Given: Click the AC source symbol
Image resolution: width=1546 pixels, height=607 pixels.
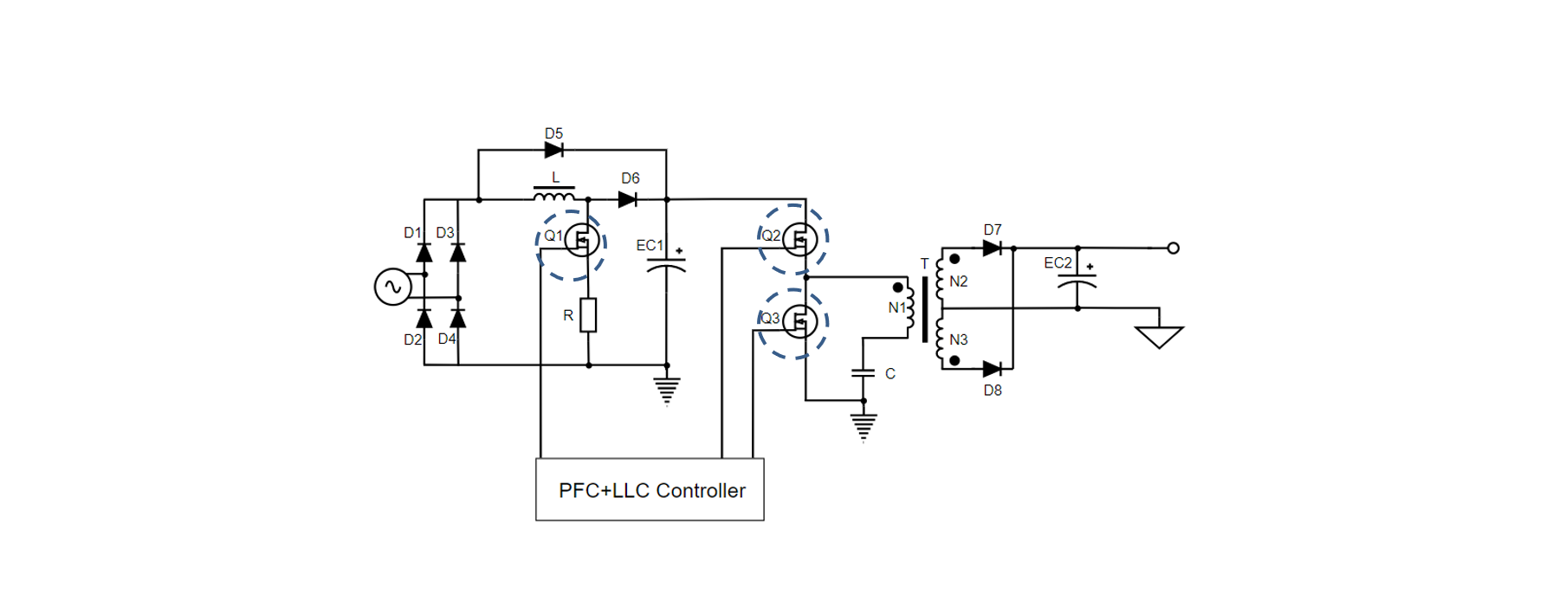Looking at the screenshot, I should [x=392, y=287].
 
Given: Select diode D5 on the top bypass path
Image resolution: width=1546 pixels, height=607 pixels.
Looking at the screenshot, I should [x=554, y=150].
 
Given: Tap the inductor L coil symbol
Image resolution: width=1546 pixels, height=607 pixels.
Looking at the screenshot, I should [x=554, y=196].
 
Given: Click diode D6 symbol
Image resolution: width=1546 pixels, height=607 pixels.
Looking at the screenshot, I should [x=628, y=200].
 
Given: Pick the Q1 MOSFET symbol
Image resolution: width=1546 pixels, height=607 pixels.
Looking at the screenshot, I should [x=581, y=240].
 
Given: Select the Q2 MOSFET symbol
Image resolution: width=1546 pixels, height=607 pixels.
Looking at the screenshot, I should [x=799, y=238].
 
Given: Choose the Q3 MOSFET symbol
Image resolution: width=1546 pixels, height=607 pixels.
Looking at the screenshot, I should [x=799, y=322].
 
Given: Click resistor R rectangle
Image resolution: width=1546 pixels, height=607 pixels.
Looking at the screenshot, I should [x=588, y=315].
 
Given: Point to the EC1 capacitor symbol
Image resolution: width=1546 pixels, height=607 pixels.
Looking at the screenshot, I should [x=666, y=265].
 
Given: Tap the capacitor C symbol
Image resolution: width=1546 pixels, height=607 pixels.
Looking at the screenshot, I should [x=863, y=373].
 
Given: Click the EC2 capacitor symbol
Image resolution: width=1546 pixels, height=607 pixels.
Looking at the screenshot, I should [x=1077, y=281].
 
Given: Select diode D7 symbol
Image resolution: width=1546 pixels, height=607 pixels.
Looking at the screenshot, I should [x=993, y=249].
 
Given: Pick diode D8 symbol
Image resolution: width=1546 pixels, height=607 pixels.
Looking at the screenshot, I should [x=993, y=370].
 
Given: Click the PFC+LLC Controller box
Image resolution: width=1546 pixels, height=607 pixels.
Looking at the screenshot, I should [x=650, y=489].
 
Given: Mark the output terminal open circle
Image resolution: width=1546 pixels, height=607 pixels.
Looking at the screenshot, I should [x=1173, y=249].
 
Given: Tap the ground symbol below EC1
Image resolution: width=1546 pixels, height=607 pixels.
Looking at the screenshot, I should [x=666, y=391].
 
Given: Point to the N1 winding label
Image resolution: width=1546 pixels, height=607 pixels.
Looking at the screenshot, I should [x=896, y=308].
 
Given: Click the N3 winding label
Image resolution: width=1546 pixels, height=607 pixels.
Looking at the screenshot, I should [x=958, y=340].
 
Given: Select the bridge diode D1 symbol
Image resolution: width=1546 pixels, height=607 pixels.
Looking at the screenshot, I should [x=424, y=253].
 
